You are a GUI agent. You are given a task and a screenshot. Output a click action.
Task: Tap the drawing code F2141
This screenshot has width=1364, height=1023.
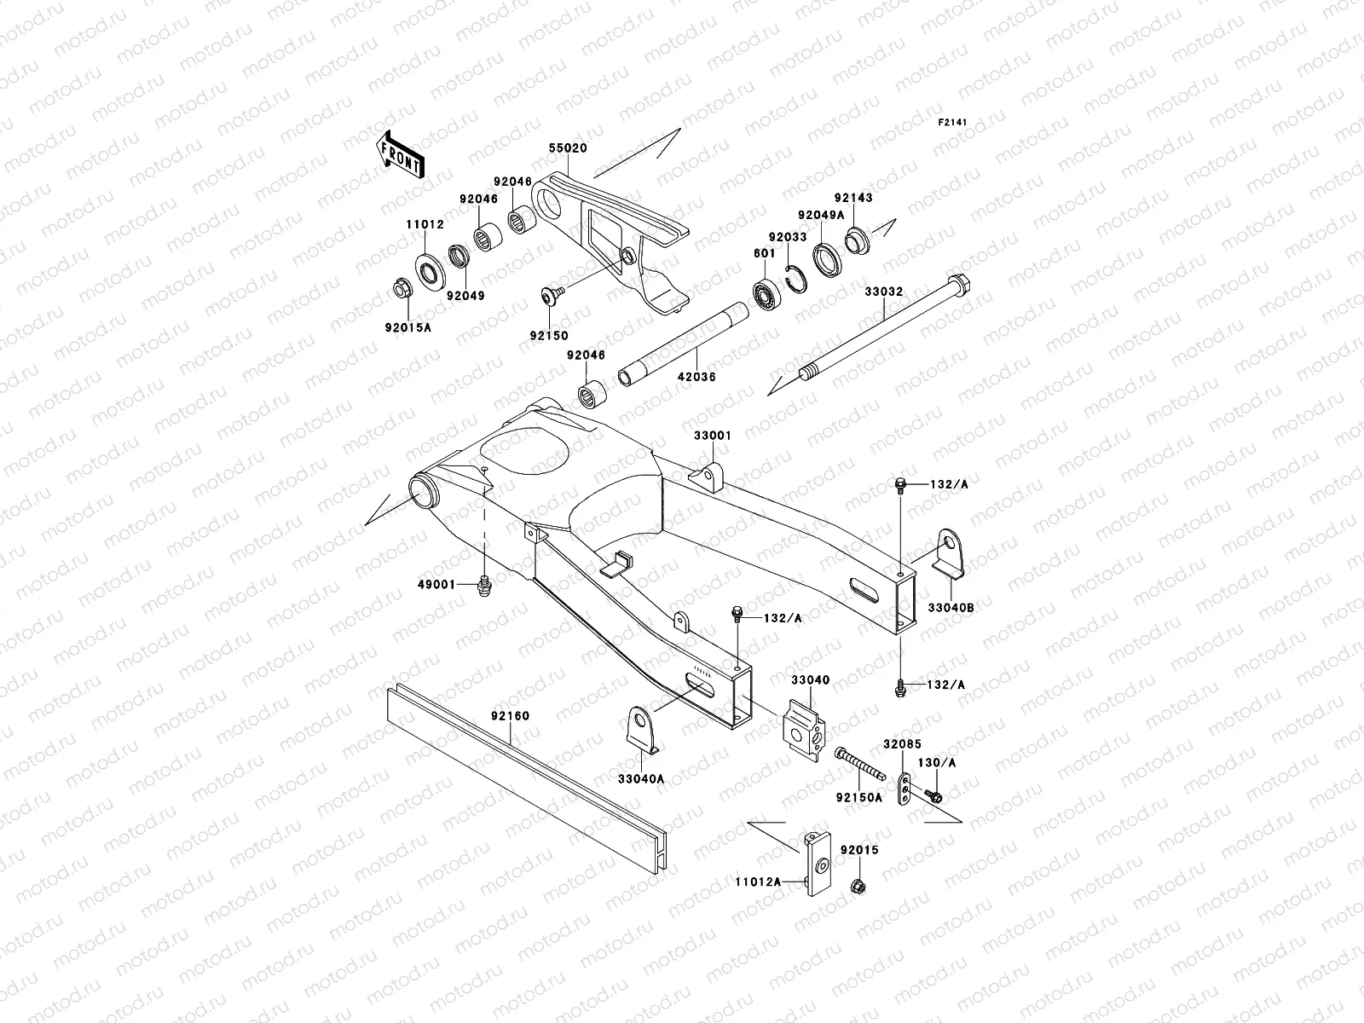click(953, 123)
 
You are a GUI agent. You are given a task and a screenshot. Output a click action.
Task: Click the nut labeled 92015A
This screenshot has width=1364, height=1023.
click(401, 291)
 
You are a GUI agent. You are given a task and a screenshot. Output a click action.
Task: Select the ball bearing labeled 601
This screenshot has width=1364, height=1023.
click(768, 294)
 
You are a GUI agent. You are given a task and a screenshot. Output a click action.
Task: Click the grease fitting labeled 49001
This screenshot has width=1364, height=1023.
click(485, 586)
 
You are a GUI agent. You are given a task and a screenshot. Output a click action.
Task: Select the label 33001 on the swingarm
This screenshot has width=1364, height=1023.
click(712, 435)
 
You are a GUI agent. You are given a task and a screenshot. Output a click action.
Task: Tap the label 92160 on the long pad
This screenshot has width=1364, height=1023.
click(509, 716)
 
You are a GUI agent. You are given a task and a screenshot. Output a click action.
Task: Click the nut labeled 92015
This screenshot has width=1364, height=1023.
click(858, 887)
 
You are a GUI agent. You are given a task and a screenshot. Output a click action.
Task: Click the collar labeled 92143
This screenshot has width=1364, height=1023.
click(858, 240)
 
